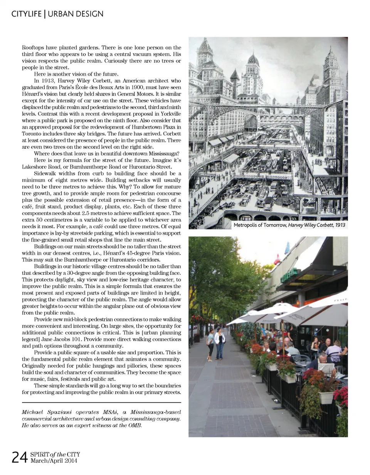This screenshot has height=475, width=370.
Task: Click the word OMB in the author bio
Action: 136,425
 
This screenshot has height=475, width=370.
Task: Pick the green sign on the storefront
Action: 289,275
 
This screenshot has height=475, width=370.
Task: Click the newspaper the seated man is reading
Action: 327,369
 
